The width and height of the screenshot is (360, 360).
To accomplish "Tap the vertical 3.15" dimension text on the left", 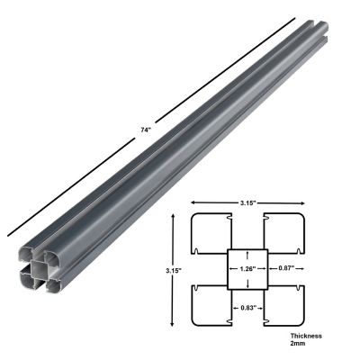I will [x=175, y=270].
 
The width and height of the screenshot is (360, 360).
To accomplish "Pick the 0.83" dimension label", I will [x=245, y=309].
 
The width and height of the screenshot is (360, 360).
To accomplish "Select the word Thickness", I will [x=307, y=336].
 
